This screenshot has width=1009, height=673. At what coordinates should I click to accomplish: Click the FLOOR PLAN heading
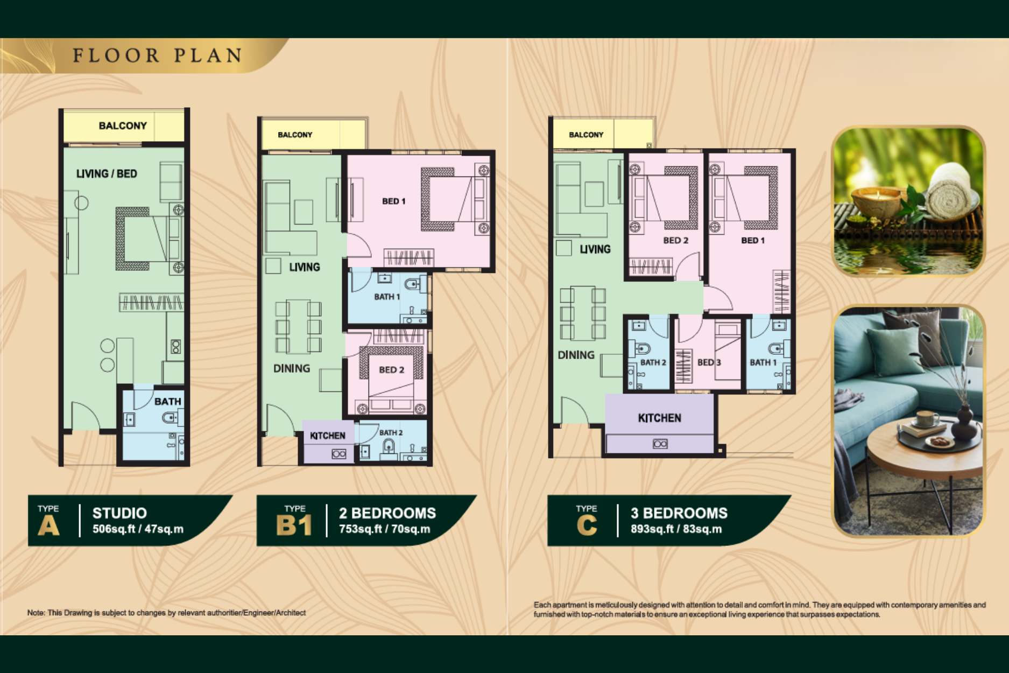pos(157,55)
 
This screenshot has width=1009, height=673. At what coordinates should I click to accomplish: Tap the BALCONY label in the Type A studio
pos(123,125)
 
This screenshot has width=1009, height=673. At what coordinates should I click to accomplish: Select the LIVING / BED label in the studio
pos(107,174)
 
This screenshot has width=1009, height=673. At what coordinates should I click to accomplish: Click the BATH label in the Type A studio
pos(168,402)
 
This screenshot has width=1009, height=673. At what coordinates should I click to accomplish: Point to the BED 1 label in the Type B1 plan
pos(394,201)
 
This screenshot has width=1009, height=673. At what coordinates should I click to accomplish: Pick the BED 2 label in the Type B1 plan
pos(391,370)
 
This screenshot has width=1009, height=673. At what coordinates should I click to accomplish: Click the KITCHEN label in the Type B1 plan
pos(328,436)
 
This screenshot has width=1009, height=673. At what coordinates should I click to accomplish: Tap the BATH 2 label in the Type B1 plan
pos(391,433)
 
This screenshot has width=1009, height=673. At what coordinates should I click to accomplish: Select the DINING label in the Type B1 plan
pos(292,368)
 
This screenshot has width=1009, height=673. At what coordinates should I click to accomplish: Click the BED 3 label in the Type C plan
pos(709,362)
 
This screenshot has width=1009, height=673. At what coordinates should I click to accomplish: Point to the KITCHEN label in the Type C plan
pos(660,418)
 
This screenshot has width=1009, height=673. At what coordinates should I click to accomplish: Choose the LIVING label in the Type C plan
pos(595,249)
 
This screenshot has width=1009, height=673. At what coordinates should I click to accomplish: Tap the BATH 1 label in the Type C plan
pos(763,362)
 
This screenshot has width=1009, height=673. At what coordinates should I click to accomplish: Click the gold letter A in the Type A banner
pos(48,525)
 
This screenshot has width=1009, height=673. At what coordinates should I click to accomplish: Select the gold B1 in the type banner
pos(294,525)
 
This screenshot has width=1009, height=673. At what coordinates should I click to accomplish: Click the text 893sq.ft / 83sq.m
pos(676,529)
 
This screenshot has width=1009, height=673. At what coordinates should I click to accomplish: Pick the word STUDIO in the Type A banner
pos(119,513)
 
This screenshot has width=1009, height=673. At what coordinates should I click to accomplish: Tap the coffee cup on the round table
pos(928,418)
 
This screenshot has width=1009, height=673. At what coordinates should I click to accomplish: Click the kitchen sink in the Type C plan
pos(660,444)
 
